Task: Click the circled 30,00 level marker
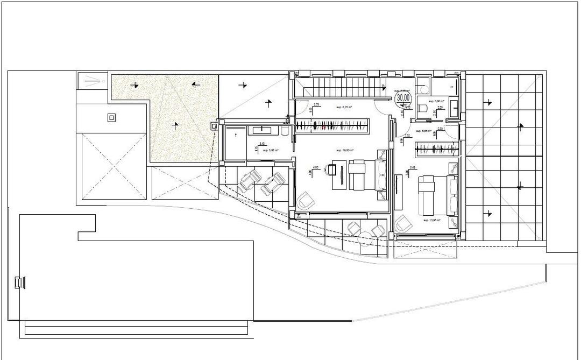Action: coord(403,98)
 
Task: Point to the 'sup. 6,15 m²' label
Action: coord(344,108)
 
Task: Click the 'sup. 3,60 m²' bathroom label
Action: coord(435,101)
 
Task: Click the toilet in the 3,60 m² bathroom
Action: coord(422,110)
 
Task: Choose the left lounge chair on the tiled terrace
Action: coord(249,181)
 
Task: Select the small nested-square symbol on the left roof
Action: coord(111,118)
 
